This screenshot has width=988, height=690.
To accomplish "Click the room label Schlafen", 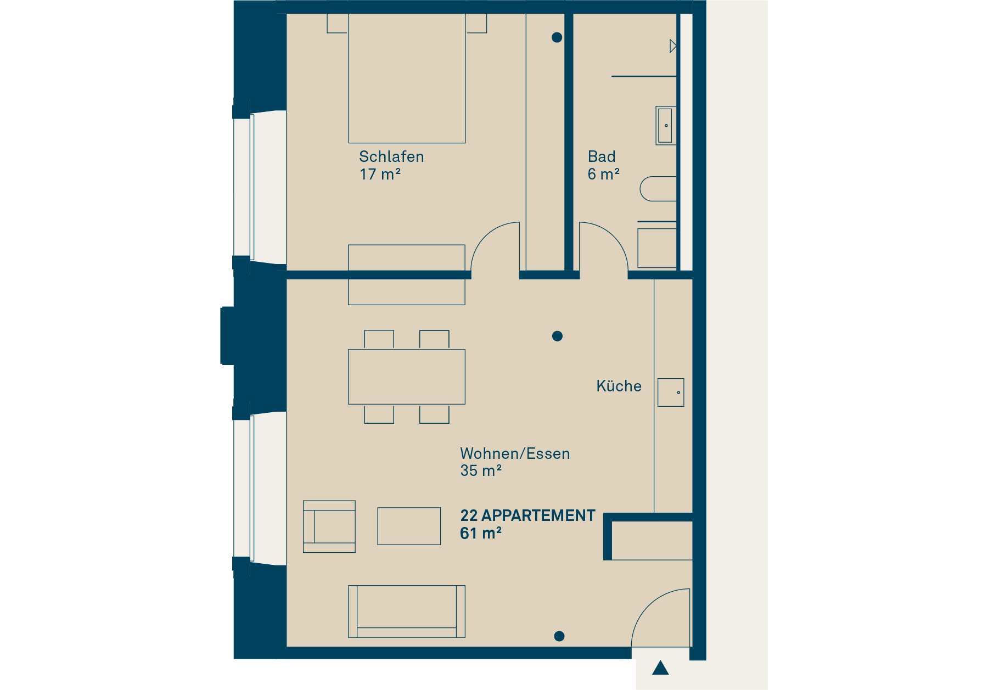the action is [x=391, y=156].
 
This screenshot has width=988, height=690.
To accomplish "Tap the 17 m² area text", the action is [x=380, y=175].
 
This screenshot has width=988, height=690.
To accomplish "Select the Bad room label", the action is [x=602, y=156].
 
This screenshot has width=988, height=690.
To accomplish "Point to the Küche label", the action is [x=619, y=386].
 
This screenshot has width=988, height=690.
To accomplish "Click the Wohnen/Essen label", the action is [x=515, y=453].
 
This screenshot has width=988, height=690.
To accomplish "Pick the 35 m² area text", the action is [x=481, y=470].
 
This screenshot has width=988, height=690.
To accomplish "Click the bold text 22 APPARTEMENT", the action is [x=527, y=515].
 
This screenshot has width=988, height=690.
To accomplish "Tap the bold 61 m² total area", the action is [x=481, y=533].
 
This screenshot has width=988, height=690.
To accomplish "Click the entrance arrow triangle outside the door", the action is [x=660, y=668].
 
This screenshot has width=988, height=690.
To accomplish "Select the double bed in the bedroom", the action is [x=407, y=78].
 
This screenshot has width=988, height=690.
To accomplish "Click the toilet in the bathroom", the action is [x=658, y=189].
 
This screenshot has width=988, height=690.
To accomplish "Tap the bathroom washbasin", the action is [x=666, y=126].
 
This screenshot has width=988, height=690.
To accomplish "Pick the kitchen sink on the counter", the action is [x=671, y=392].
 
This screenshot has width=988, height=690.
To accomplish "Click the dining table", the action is [x=407, y=377].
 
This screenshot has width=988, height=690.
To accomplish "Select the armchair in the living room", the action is [x=329, y=526].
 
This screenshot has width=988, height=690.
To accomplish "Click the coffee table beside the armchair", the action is [x=409, y=526].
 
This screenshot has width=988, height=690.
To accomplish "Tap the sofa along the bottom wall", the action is [x=407, y=611].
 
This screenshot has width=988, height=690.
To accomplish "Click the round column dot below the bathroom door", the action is [x=557, y=336].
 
